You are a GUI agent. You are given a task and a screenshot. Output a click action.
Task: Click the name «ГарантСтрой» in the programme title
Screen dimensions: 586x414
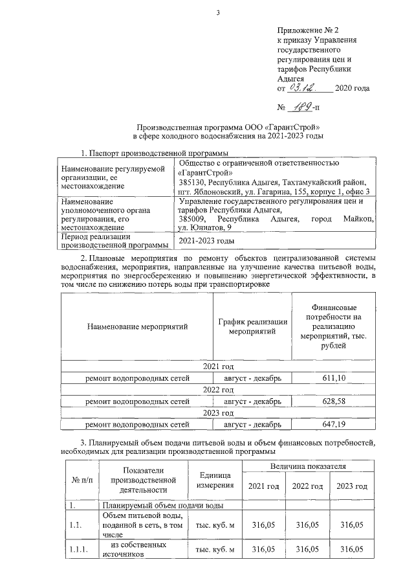coord(296,127)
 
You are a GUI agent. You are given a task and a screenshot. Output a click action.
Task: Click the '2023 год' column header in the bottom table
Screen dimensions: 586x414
coord(351,486)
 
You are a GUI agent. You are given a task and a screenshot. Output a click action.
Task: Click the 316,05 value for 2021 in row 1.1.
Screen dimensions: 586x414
coord(263,525)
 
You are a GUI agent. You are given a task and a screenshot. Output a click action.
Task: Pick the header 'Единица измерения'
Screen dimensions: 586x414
coord(211,480)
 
